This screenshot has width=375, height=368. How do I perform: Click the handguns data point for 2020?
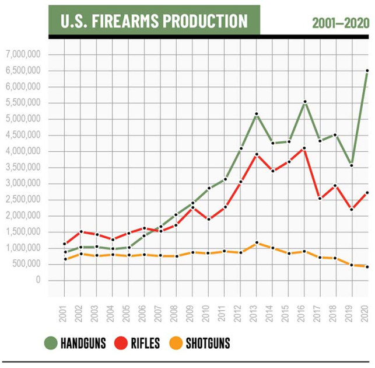[367, 71]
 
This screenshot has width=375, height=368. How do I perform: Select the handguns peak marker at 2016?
[304, 102]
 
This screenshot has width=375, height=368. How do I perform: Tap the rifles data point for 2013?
[256, 154]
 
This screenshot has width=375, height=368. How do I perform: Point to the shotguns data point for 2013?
[256, 243]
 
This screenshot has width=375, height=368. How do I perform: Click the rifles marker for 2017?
[320, 199]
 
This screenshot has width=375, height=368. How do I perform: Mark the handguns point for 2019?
[351, 165]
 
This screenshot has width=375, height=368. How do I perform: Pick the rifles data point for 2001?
[65, 244]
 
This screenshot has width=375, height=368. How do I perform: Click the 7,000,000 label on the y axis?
[22, 55]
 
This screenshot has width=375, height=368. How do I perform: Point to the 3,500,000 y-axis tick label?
[22, 168]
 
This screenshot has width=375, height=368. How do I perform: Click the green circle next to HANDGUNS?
[51, 343]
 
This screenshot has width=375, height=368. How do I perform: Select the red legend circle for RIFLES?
[125, 343]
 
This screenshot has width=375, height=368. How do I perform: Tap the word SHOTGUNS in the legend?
[208, 343]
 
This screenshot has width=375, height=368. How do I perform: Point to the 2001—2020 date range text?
[341, 23]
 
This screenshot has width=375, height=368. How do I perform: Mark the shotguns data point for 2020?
[367, 267]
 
